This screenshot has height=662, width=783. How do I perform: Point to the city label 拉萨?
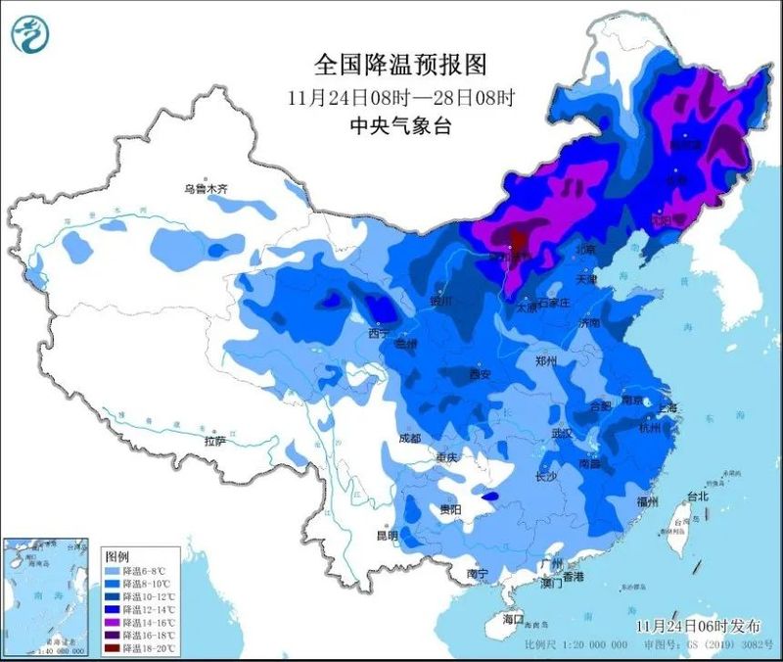click(214, 442)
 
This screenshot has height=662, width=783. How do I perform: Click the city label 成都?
click(409, 438)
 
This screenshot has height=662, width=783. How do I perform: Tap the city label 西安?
click(478, 374)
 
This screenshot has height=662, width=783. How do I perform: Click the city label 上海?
click(668, 408)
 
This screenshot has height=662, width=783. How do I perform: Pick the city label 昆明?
click(387, 536)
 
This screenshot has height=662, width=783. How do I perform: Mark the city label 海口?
click(513, 620)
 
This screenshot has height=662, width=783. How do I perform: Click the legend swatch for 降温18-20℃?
click(113, 648)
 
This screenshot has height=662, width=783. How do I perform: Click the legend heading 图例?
click(117, 556)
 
